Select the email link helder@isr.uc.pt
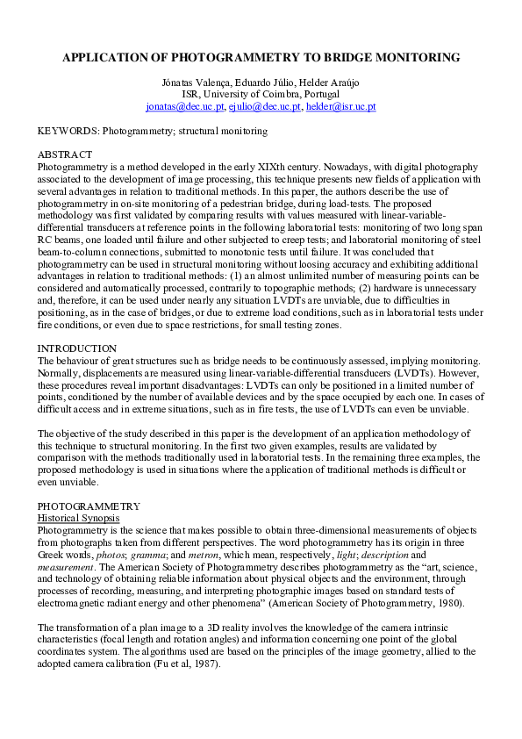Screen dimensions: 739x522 tap(340, 106)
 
